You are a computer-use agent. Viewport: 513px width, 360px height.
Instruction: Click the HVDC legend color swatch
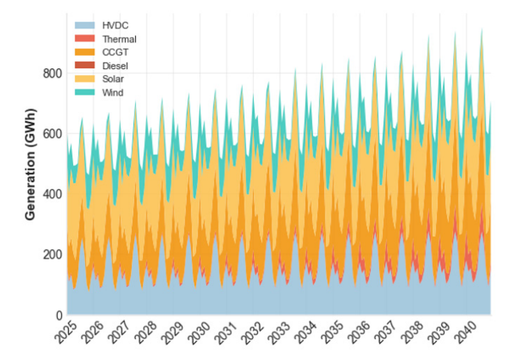pos(84,26)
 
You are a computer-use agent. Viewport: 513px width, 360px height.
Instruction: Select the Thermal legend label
pos(119,39)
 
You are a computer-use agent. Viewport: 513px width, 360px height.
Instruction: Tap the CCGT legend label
pos(115,52)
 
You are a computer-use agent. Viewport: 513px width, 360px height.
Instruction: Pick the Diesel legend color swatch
pos(84,66)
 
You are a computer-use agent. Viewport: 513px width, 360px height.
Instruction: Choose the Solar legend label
pos(114,79)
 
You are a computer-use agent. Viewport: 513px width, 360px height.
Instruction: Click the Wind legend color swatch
pos(84,92)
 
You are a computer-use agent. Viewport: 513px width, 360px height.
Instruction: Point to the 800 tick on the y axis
pos(53,73)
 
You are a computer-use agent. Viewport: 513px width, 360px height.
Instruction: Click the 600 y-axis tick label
pos(53,134)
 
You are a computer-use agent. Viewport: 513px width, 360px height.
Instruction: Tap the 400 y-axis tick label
pos(53,194)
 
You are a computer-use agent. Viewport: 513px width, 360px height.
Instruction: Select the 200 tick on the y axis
pos(53,255)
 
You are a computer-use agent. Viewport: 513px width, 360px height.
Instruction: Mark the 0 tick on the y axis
pos(59,315)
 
